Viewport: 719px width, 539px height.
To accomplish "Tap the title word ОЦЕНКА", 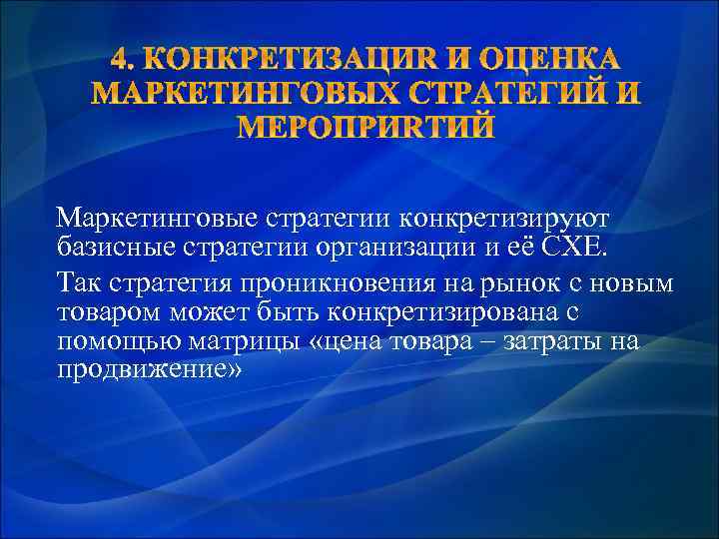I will click(x=544, y=57).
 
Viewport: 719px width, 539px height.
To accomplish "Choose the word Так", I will click(x=77, y=282).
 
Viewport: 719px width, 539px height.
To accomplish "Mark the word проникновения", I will click(x=319, y=282).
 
